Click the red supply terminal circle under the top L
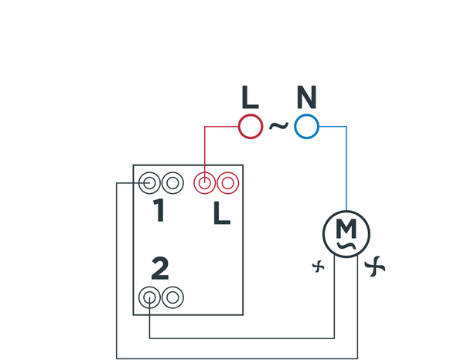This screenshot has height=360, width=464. (250, 126)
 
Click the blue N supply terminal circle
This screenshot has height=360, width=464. (307, 126)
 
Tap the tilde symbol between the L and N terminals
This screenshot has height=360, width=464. (278, 125)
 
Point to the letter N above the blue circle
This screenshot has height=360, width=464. (307, 97)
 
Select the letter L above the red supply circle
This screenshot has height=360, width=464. (250, 97)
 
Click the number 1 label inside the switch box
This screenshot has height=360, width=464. (159, 211)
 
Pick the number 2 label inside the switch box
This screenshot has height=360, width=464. (160, 268)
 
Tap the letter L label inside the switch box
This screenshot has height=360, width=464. (222, 212)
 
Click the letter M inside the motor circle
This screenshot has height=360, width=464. (346, 229)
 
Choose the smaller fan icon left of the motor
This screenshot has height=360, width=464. (317, 267)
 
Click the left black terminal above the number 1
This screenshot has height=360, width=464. (151, 183)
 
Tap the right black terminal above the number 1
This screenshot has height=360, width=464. (172, 183)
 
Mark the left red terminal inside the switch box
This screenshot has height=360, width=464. (204, 183)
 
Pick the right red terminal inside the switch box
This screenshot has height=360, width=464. (227, 183)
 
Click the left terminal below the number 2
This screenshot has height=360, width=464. (151, 297)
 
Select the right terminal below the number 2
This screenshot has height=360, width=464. (172, 297)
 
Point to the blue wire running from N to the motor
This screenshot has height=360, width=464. (346, 170)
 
